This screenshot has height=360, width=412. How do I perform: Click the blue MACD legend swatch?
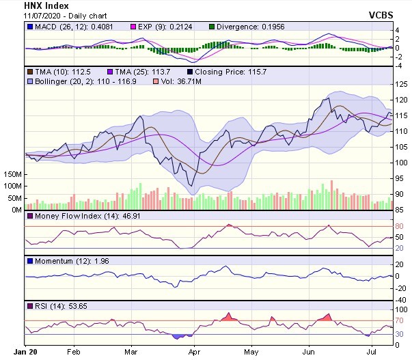29,27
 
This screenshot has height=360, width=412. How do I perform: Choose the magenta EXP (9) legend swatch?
133,27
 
